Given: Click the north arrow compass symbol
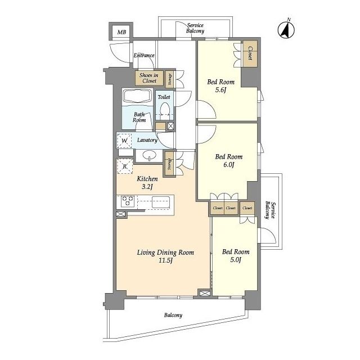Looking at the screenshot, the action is tap(286, 30).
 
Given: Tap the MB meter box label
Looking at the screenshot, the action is tap(121, 32).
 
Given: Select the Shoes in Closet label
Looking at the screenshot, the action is tap(148, 78).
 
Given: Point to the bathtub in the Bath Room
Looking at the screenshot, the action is tap(137, 97).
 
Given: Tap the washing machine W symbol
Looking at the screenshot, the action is tap(124, 141).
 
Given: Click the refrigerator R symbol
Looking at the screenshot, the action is tap(125, 166).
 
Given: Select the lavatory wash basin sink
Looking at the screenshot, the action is tap(150, 156).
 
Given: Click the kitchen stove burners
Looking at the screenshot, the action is tap(127, 201).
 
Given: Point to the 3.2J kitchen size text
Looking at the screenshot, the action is tap(147, 187).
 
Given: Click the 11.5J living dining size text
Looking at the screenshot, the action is tap(165, 260).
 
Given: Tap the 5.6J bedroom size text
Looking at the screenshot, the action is tap(220, 90).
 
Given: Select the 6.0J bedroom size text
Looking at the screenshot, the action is tap(229, 165).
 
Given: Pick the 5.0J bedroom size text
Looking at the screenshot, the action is tap(236, 260).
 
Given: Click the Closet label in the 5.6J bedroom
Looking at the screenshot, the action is tap(250, 53).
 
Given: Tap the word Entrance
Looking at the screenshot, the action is tap(144, 55).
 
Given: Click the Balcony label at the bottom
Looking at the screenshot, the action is tap(173, 315).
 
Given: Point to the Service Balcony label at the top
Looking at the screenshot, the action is tap(195, 28).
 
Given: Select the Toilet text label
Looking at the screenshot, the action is tap(164, 97).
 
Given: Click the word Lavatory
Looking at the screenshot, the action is tap(147, 140).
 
